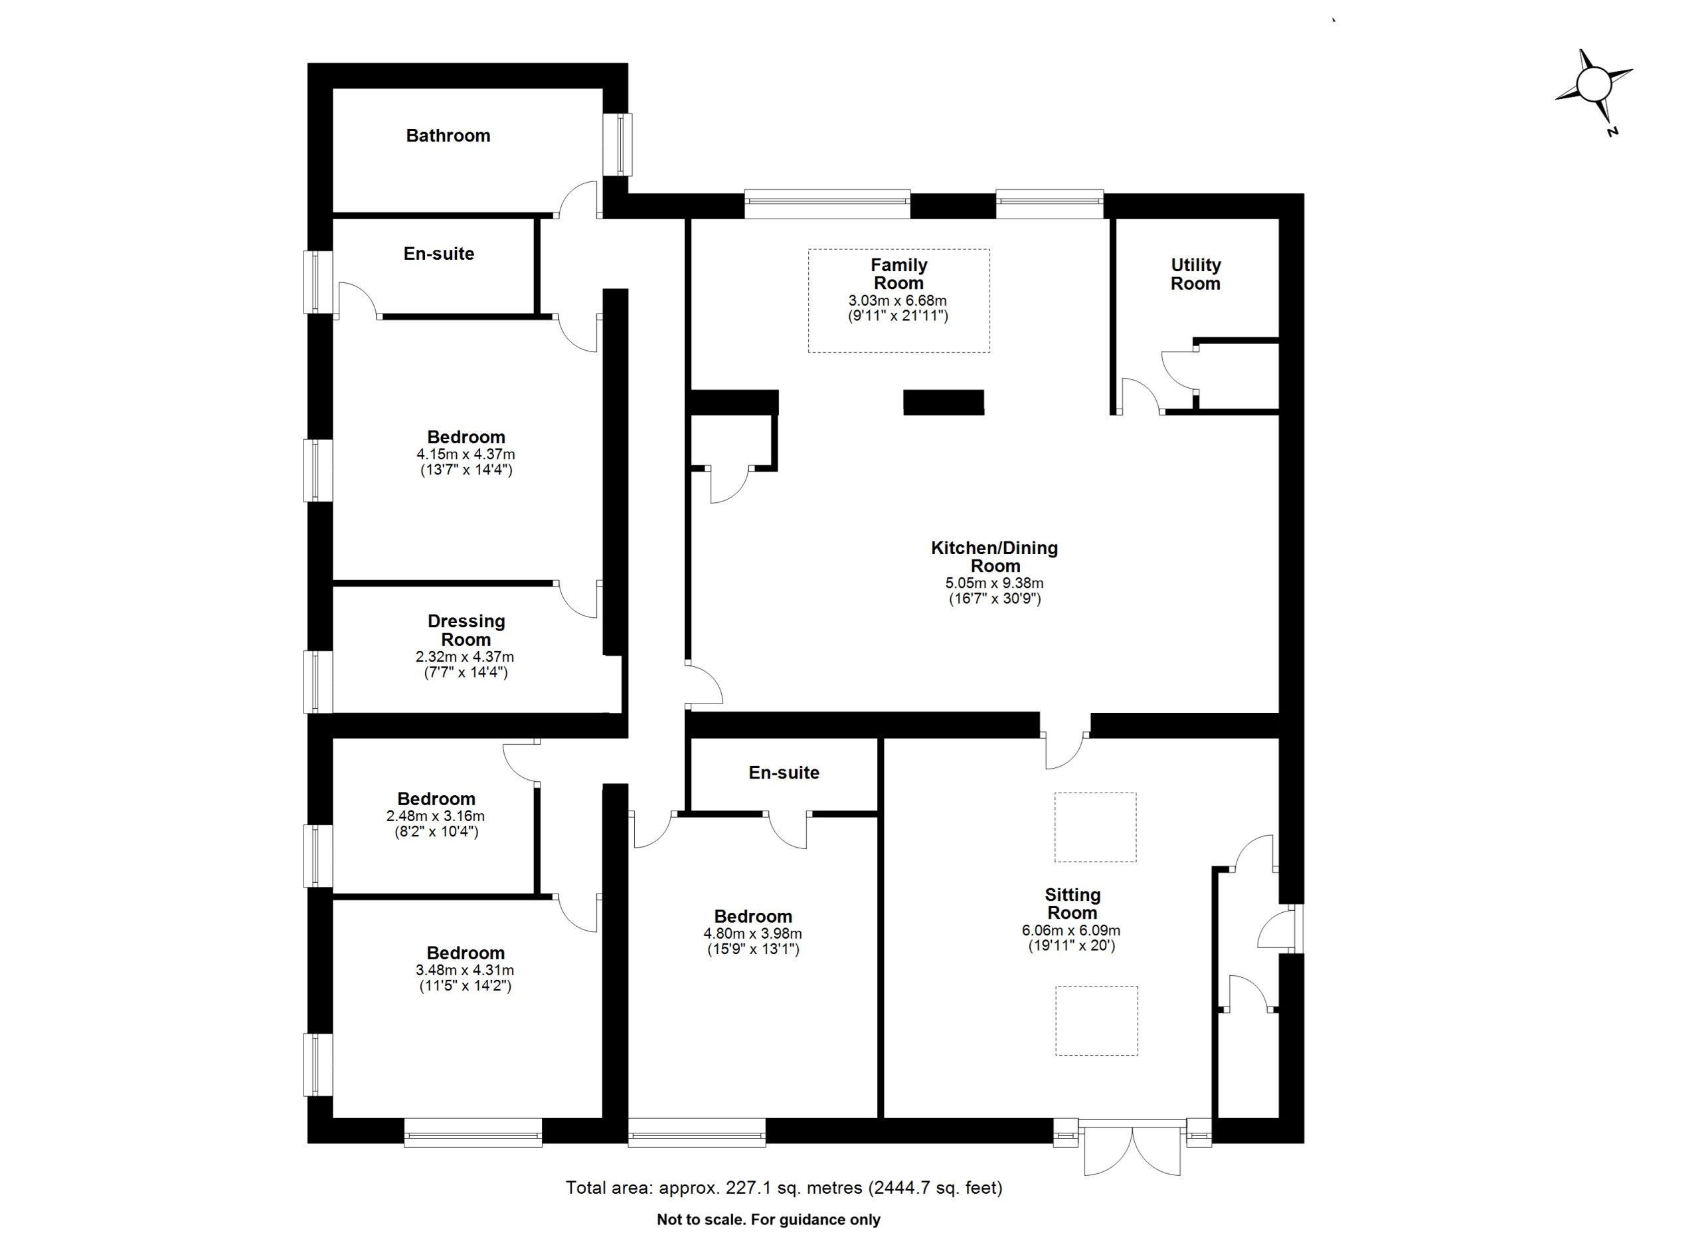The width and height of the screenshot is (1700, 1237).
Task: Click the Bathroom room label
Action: tap(448, 136)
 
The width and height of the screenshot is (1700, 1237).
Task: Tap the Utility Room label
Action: tap(1195, 274)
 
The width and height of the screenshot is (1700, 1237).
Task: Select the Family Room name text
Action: tap(898, 274)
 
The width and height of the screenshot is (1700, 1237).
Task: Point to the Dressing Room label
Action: tap(466, 630)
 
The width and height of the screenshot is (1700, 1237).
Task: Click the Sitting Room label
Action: tap(1072, 904)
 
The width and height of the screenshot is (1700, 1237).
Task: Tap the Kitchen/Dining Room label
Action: tap(995, 557)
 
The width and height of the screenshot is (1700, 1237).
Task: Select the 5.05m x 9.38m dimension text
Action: tap(995, 583)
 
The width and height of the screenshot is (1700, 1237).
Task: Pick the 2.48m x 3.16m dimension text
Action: tap(436, 816)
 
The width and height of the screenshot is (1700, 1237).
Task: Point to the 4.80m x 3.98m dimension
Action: tap(752, 933)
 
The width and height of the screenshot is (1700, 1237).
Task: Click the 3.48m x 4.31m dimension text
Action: tap(465, 970)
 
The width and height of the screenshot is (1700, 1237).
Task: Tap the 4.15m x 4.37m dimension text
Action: tap(466, 454)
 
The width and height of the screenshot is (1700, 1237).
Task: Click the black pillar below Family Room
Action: tap(943, 403)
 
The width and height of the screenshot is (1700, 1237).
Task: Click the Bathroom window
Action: tap(618, 145)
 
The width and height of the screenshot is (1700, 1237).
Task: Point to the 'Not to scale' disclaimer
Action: tap(768, 1220)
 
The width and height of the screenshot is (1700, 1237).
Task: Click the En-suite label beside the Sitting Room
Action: tap(784, 773)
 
